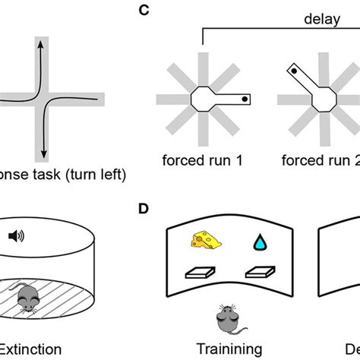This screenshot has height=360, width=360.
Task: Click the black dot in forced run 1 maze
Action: pos(244,99)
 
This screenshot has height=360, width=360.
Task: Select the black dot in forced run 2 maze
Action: pos(292,70)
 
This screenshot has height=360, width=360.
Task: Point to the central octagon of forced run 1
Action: pos(203,99)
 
